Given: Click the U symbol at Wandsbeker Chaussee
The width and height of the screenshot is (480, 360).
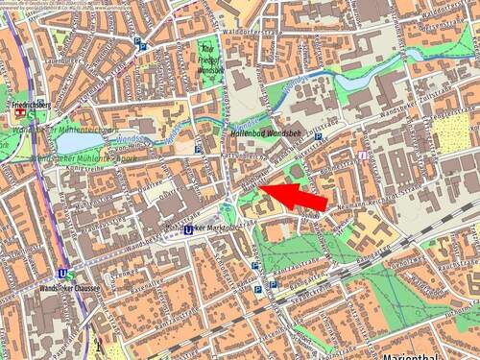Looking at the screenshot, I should [60, 276].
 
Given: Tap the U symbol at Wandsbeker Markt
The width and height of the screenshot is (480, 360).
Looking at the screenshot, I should [188, 229].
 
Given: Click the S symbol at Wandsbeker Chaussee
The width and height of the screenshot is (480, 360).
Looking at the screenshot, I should [70, 276].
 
